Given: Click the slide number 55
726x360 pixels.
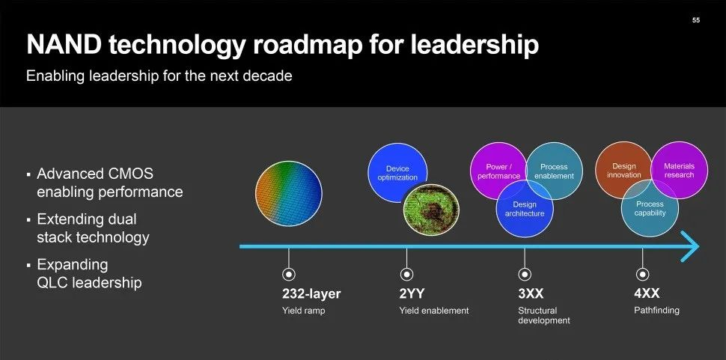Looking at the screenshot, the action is coord(696,20).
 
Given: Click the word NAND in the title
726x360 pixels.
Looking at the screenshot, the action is coord(64,45).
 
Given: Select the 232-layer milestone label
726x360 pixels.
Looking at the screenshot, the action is coord(311,293).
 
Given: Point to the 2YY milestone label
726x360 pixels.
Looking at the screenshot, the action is coord(412,293).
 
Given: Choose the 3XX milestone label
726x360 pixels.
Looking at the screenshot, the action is coord(531,293).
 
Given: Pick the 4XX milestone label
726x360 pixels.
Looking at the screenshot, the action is coord(647,293).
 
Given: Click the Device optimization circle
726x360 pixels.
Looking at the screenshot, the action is coord(397,173).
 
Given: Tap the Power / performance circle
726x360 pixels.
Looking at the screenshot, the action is coord(498,171).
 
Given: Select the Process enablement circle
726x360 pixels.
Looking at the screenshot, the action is coord(554,171).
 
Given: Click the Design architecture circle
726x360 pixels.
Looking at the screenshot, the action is coord(525,208).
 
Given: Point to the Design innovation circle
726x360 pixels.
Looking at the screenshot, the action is coord(623,170).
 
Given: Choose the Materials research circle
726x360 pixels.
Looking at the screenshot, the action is coord(680,170).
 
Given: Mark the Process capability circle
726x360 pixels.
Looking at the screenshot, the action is coord(650,208).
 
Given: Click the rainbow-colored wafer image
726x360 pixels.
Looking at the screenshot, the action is coord(288,193).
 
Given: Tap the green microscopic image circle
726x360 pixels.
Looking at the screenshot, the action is coord(431,210).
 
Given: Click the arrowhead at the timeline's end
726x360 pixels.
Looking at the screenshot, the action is coord(690,246).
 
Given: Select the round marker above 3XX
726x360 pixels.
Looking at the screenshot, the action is coord(525,275).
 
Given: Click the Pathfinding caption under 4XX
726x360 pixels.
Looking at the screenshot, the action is coord(656,311).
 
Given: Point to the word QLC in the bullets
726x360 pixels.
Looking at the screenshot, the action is coord(53,282).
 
